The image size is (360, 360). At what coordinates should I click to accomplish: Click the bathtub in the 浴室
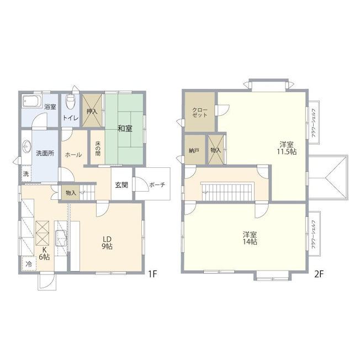(x=31, y=101)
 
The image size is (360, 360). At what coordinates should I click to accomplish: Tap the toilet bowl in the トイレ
(x=70, y=102)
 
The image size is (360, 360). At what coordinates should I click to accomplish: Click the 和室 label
(x=125, y=129)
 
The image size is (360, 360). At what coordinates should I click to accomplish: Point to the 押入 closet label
(x=92, y=112)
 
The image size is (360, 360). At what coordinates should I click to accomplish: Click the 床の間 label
(x=98, y=149)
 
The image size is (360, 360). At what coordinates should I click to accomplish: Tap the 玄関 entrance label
(x=121, y=185)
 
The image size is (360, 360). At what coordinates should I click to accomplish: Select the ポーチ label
(x=157, y=185)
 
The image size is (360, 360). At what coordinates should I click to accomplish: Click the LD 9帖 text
(x=107, y=243)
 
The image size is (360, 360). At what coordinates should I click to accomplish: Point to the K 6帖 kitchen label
(x=44, y=253)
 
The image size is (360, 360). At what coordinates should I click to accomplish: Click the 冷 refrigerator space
(x=29, y=264)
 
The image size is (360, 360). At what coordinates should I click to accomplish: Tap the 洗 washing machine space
(x=26, y=174)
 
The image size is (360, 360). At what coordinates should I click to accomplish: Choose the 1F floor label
(x=152, y=274)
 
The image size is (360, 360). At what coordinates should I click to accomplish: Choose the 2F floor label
(x=319, y=274)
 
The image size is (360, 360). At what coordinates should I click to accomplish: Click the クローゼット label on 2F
(x=199, y=113)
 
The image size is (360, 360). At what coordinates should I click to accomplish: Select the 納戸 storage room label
(x=194, y=151)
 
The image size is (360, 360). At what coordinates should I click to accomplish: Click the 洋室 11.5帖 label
(x=287, y=148)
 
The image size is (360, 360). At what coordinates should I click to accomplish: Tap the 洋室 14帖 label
(x=250, y=238)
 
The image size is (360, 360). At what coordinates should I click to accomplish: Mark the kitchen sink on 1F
(x=61, y=237)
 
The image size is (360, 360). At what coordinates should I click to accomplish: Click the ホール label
(x=73, y=155)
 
